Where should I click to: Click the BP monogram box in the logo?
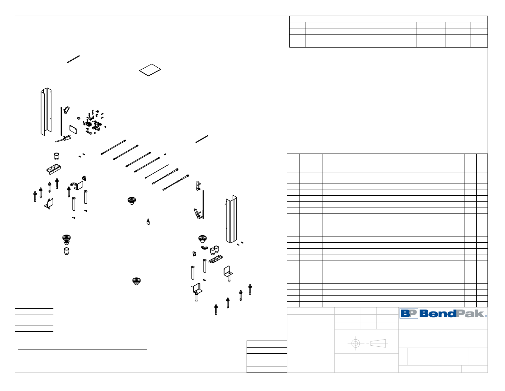point(409,313)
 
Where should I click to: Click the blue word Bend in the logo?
point(438,313)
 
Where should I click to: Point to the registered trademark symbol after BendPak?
point(486,316)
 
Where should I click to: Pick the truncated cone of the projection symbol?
point(378,343)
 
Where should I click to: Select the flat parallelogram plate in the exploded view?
point(150,70)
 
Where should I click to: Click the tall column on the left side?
point(46,112)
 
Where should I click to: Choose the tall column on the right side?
point(231,219)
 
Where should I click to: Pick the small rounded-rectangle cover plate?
point(73,130)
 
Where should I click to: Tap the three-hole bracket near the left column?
point(54,169)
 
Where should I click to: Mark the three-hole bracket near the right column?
point(215,259)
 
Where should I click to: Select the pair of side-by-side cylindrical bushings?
point(214,250)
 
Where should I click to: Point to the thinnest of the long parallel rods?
point(157,171)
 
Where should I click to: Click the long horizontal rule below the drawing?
point(83,350)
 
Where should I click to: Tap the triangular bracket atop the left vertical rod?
point(67,110)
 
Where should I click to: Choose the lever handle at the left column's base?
point(63,139)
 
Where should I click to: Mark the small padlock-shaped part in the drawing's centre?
point(148,222)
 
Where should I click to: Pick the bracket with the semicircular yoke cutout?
point(77,185)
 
